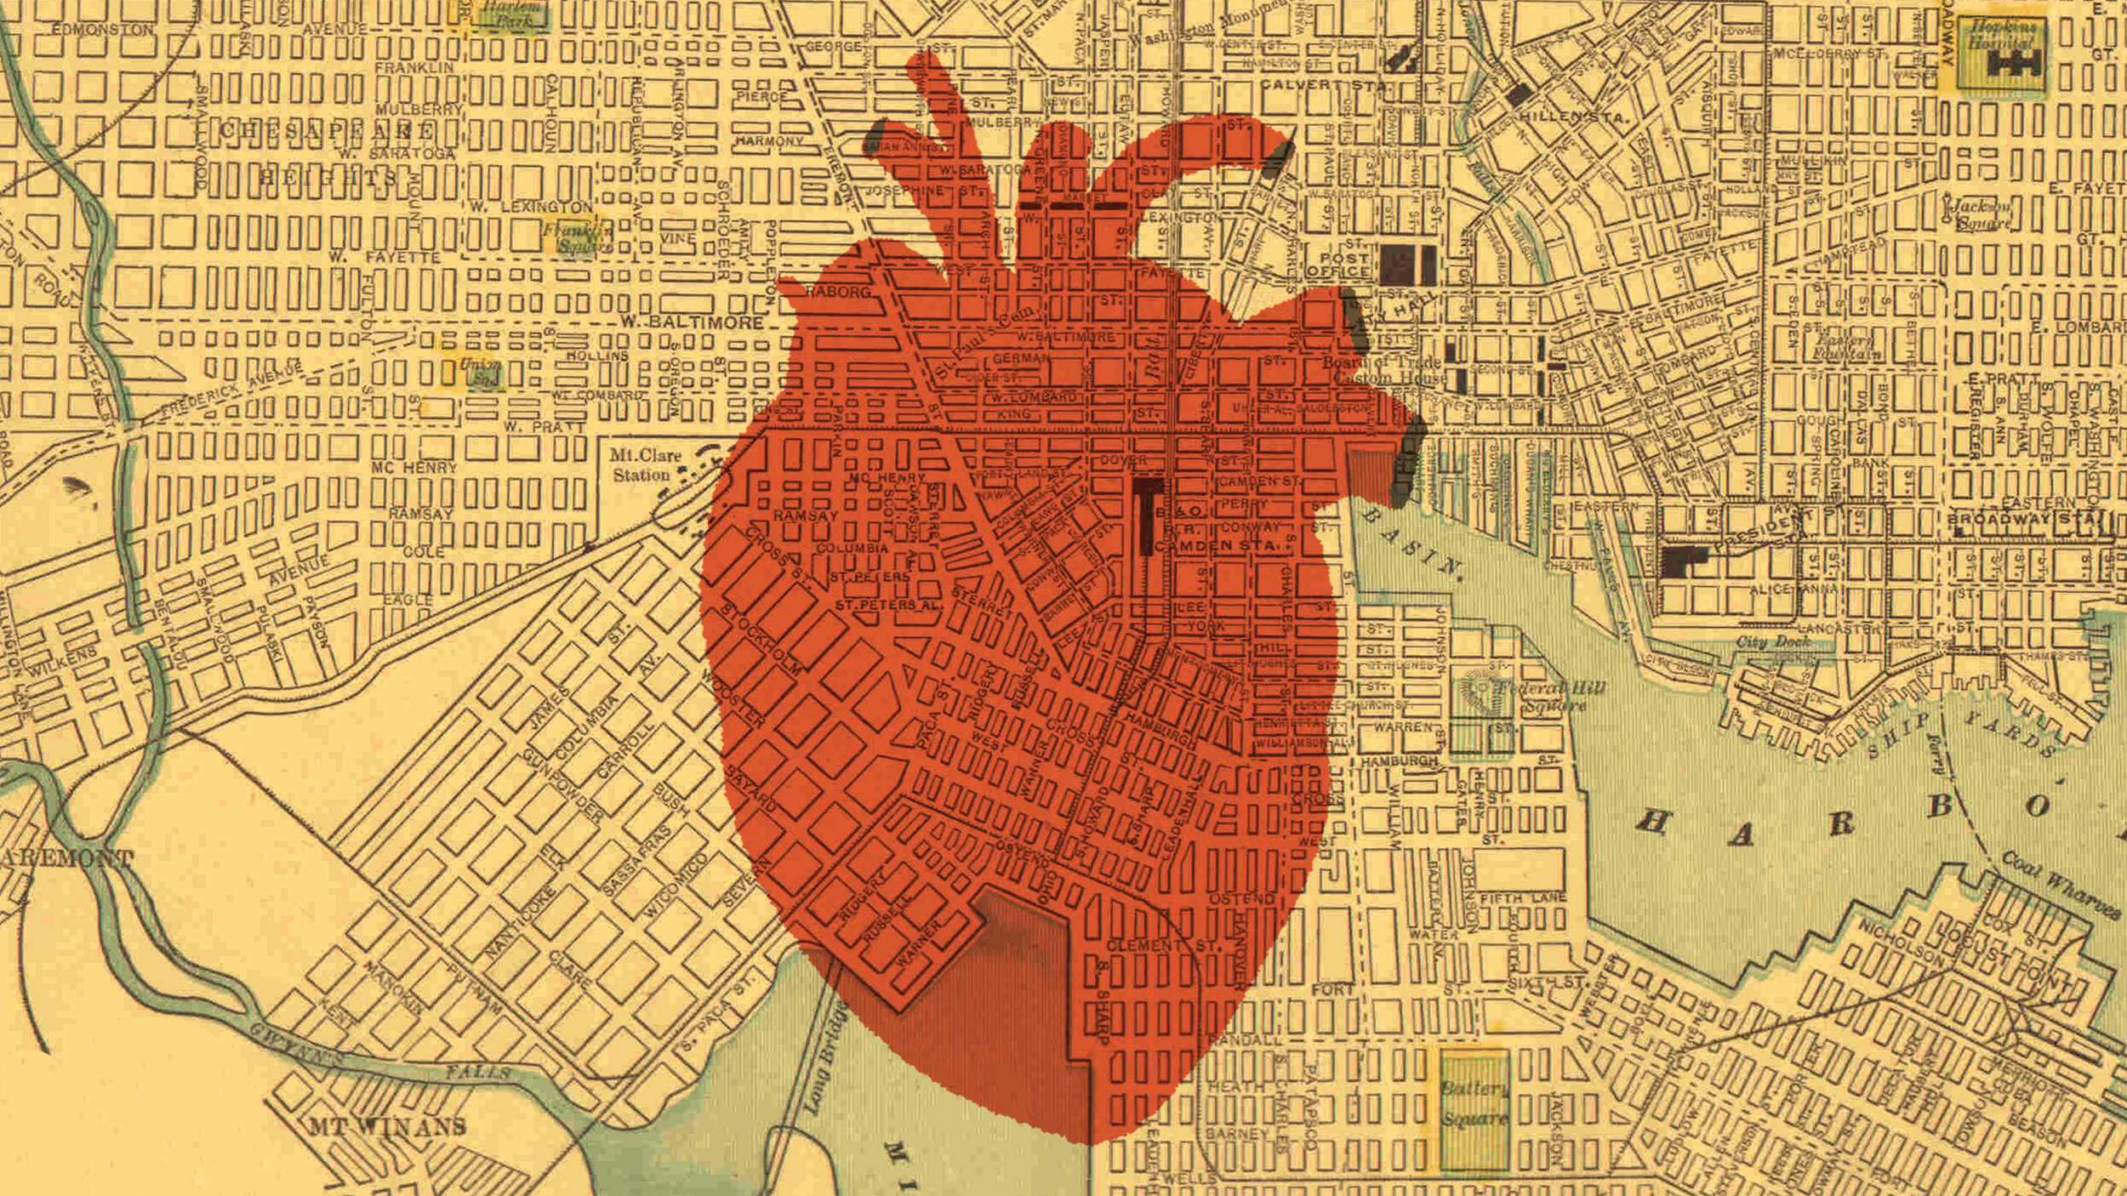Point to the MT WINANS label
(x=387, y=1128)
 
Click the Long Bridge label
(x=822, y=1060)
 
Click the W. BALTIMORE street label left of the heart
(x=692, y=323)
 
